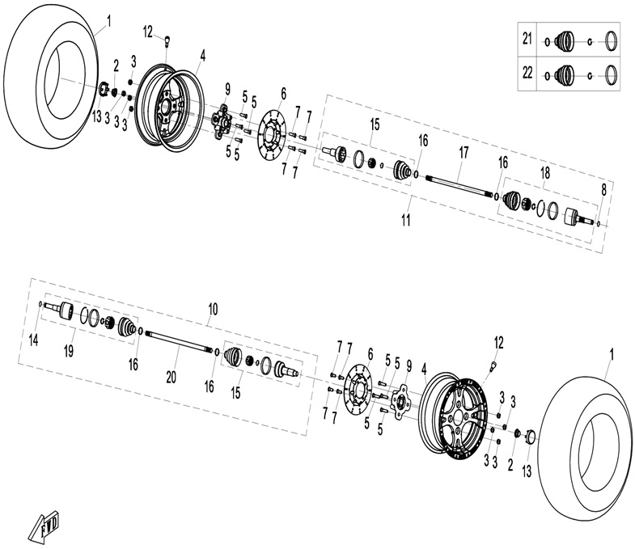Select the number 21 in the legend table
pyautogui.click(x=528, y=39)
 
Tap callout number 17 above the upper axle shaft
pyautogui.click(x=463, y=151)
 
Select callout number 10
pyautogui.click(x=213, y=309)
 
